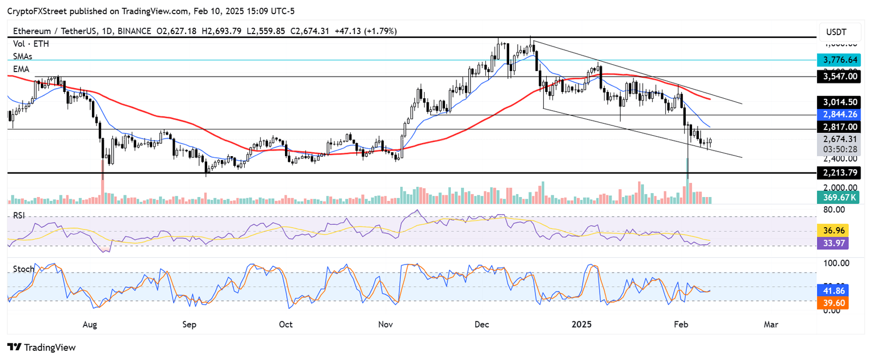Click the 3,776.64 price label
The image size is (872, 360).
coord(838,60)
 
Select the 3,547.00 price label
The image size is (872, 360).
coord(838,76)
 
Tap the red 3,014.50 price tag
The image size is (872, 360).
coord(838,102)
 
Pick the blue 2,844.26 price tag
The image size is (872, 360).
coord(838,114)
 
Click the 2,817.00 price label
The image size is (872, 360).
coord(838,127)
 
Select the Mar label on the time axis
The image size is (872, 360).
coord(770,324)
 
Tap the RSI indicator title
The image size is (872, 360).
coord(19,216)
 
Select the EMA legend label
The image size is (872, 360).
coord(22,68)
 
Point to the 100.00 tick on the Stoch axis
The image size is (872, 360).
coord(836,263)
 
